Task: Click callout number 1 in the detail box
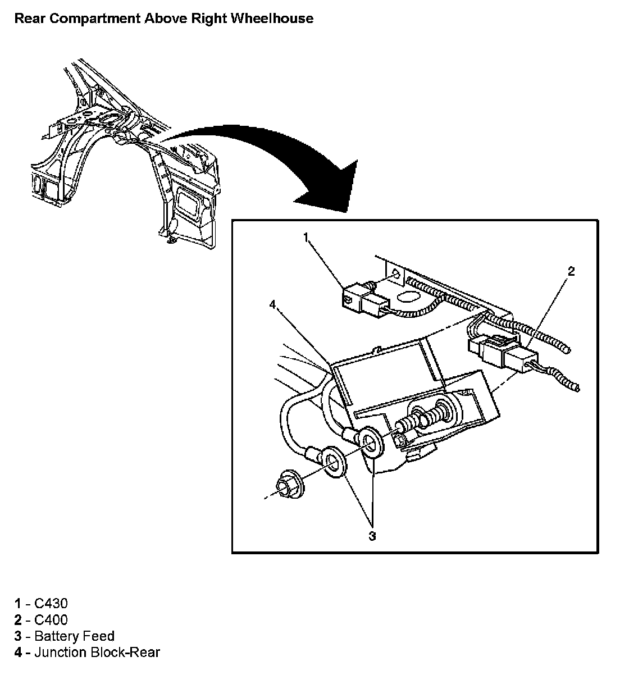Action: pos(306,238)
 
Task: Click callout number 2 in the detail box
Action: pos(571,272)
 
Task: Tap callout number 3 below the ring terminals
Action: pos(372,536)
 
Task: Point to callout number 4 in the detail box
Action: pos(273,304)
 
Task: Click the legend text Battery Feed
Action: pos(74,636)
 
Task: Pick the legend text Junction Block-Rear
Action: pos(97,653)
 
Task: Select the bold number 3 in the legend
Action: pos(18,636)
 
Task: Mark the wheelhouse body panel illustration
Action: pos(129,163)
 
